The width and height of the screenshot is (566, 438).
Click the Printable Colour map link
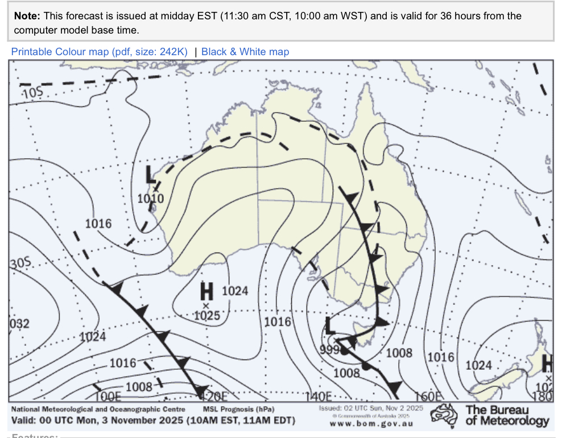pyautogui.click(x=99, y=52)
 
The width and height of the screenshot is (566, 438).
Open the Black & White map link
pyautogui.click(x=245, y=52)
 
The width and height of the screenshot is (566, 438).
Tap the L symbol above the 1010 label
pyautogui.click(x=151, y=175)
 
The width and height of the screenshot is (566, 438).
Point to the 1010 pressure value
pyautogui.click(x=151, y=199)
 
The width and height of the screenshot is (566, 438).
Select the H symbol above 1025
pyautogui.click(x=206, y=292)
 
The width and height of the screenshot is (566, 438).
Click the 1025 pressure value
pyautogui.click(x=206, y=316)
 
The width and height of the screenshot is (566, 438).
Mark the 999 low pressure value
pyautogui.click(x=329, y=349)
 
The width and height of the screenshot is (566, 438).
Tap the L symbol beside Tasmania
pyautogui.click(x=330, y=326)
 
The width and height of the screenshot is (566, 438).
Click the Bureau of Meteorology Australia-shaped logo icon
pyautogui.click(x=444, y=415)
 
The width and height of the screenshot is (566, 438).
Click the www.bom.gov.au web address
pyautogui.click(x=371, y=423)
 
